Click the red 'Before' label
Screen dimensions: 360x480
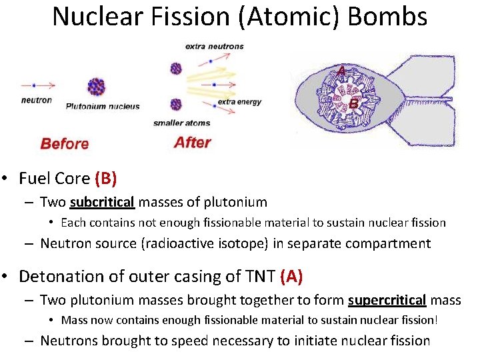[65, 143]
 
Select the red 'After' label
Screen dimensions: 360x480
[192, 142]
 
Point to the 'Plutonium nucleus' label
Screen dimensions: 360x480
[103, 106]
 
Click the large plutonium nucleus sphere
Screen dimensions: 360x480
[97, 86]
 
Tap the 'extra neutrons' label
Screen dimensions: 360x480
[215, 47]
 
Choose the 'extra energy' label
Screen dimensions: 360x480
[239, 102]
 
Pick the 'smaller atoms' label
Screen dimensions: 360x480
[181, 123]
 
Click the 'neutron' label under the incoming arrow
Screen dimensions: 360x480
[37, 100]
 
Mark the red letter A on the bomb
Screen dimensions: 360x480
[341, 70]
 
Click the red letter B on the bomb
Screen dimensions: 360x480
[353, 104]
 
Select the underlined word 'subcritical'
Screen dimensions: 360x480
[102, 202]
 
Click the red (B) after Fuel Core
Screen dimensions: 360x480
[105, 178]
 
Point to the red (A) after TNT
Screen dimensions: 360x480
[293, 276]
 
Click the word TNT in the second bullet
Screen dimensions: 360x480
[260, 276]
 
